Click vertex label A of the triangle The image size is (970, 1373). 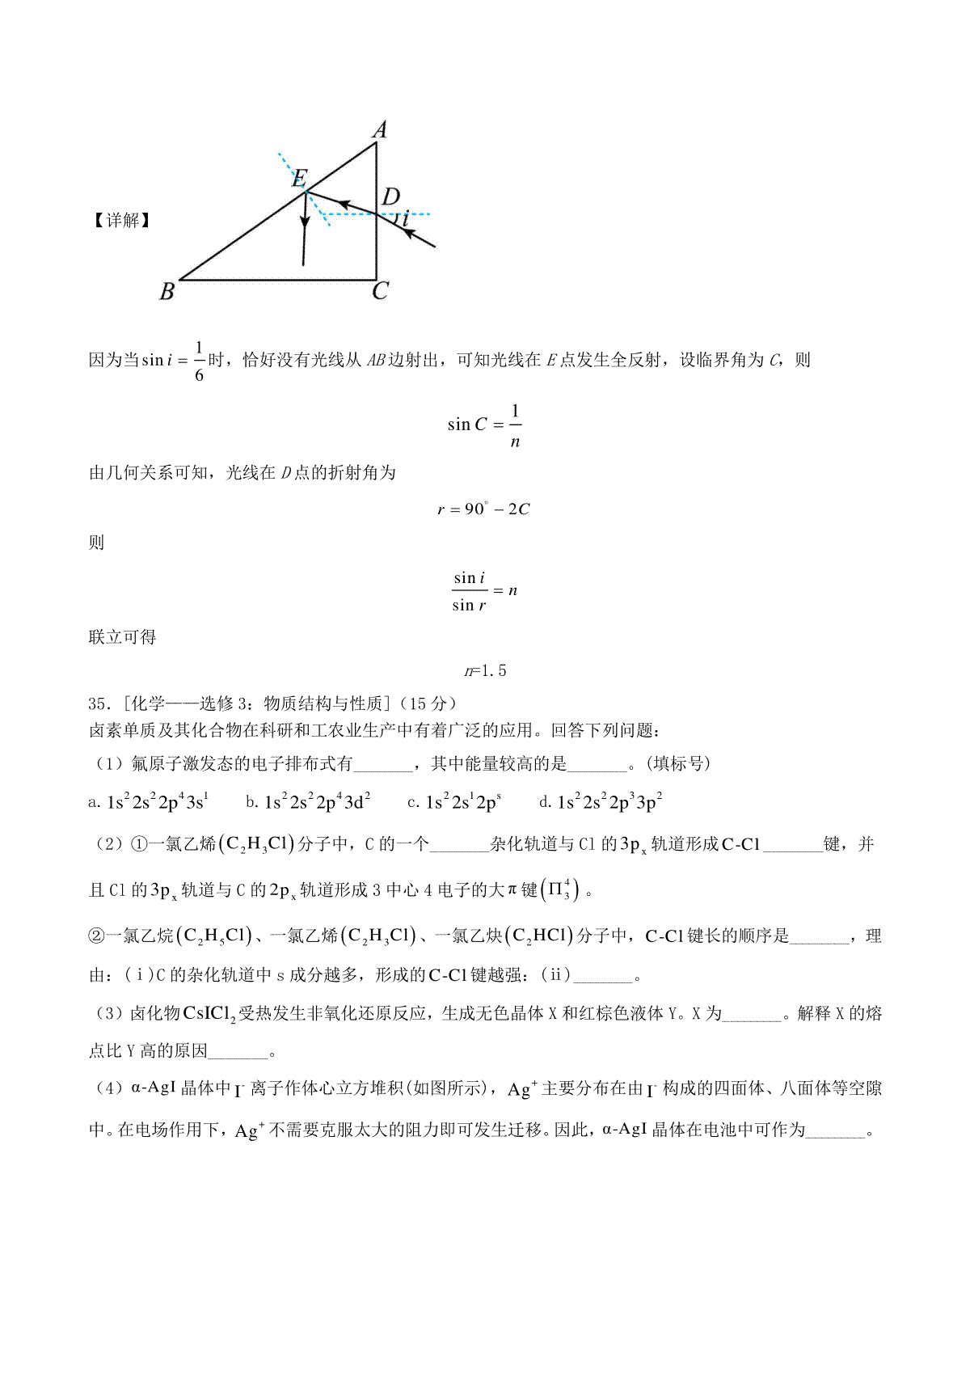tap(379, 129)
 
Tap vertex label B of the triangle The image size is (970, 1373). tap(167, 291)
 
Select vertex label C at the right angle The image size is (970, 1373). tap(381, 291)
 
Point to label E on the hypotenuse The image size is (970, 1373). tap(299, 178)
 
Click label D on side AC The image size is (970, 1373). tap(391, 196)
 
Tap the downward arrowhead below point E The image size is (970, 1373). tap(304, 221)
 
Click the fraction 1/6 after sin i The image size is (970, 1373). tap(199, 360)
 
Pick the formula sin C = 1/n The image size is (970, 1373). tap(485, 425)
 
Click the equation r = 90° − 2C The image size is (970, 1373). tap(484, 509)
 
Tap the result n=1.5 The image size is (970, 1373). tap(485, 670)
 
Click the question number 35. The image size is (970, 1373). tap(97, 703)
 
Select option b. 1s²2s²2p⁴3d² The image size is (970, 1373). tap(308, 802)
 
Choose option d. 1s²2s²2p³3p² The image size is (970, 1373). tap(601, 802)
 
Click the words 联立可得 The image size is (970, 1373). tap(122, 637)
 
